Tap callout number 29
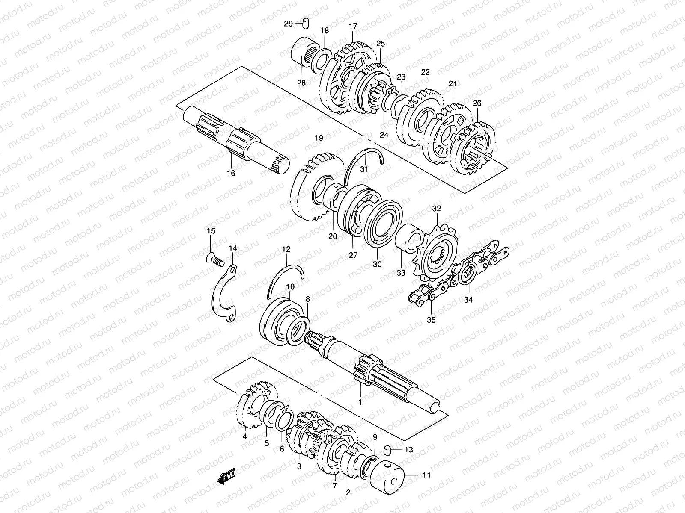click(289, 24)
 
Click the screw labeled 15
click(214, 258)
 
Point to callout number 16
click(231, 173)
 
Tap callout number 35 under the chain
click(431, 319)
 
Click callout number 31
click(364, 169)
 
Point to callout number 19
click(319, 138)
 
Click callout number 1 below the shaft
click(360, 402)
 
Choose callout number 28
click(301, 83)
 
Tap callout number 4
click(244, 436)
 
